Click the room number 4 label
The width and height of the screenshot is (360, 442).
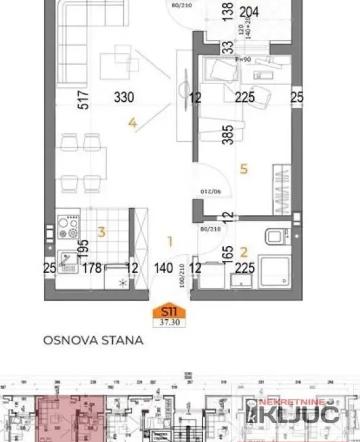(x=132, y=123)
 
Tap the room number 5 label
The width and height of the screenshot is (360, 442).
(x=243, y=169)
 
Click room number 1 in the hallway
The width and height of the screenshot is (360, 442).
(x=170, y=241)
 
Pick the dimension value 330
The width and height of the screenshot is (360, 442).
(x=124, y=97)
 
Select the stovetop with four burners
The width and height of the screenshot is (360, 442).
(x=68, y=227)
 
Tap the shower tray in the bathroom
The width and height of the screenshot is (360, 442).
(x=274, y=272)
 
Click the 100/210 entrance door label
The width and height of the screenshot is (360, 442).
(x=182, y=276)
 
